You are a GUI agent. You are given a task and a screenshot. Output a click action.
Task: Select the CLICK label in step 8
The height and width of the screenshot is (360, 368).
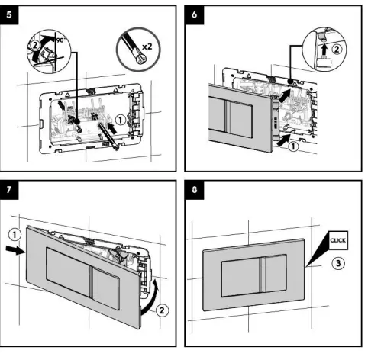(x=337, y=239)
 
